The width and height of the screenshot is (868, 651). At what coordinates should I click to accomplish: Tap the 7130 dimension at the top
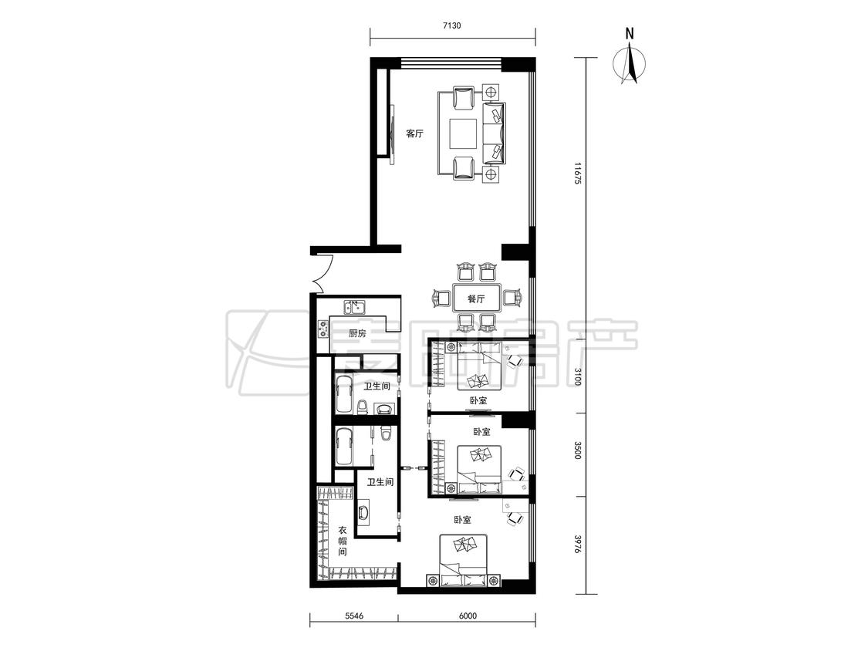point(452,25)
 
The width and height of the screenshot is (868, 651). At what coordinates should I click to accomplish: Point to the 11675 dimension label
point(577,174)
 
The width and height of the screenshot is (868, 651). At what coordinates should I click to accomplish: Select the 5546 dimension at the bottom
point(353,616)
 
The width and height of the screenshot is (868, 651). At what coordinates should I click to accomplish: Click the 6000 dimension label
point(468,616)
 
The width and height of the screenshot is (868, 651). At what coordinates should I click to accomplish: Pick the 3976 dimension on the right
point(577,544)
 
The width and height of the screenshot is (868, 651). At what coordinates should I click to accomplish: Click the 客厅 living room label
point(414,133)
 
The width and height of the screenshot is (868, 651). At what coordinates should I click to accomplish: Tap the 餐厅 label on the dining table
point(476,299)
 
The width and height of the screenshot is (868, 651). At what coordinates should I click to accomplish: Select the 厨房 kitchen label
point(357,333)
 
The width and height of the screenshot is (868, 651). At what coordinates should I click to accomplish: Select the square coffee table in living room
point(464,133)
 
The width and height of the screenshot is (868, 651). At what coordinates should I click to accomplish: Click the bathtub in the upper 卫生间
point(344,393)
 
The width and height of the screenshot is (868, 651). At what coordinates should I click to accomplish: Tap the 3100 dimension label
point(577,376)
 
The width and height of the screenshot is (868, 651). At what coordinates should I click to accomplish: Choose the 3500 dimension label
point(577,450)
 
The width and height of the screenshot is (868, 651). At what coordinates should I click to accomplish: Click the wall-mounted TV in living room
point(392,133)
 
